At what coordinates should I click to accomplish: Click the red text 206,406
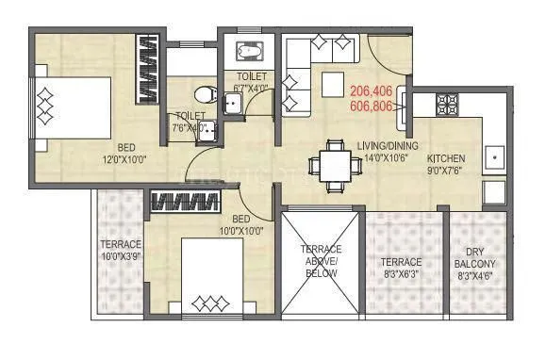pyautogui.click(x=371, y=91)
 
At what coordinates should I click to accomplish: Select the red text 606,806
pyautogui.click(x=371, y=107)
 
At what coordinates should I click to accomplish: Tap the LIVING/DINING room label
pyautogui.click(x=386, y=145)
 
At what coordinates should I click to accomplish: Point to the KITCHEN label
pyautogui.click(x=446, y=158)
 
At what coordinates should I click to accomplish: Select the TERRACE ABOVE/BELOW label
pyautogui.click(x=321, y=260)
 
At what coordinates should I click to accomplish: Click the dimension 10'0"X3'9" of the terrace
pyautogui.click(x=122, y=255)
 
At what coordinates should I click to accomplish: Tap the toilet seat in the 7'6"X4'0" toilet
pyautogui.click(x=201, y=95)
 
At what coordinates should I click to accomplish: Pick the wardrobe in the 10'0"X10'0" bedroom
pyautogui.click(x=185, y=201)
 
